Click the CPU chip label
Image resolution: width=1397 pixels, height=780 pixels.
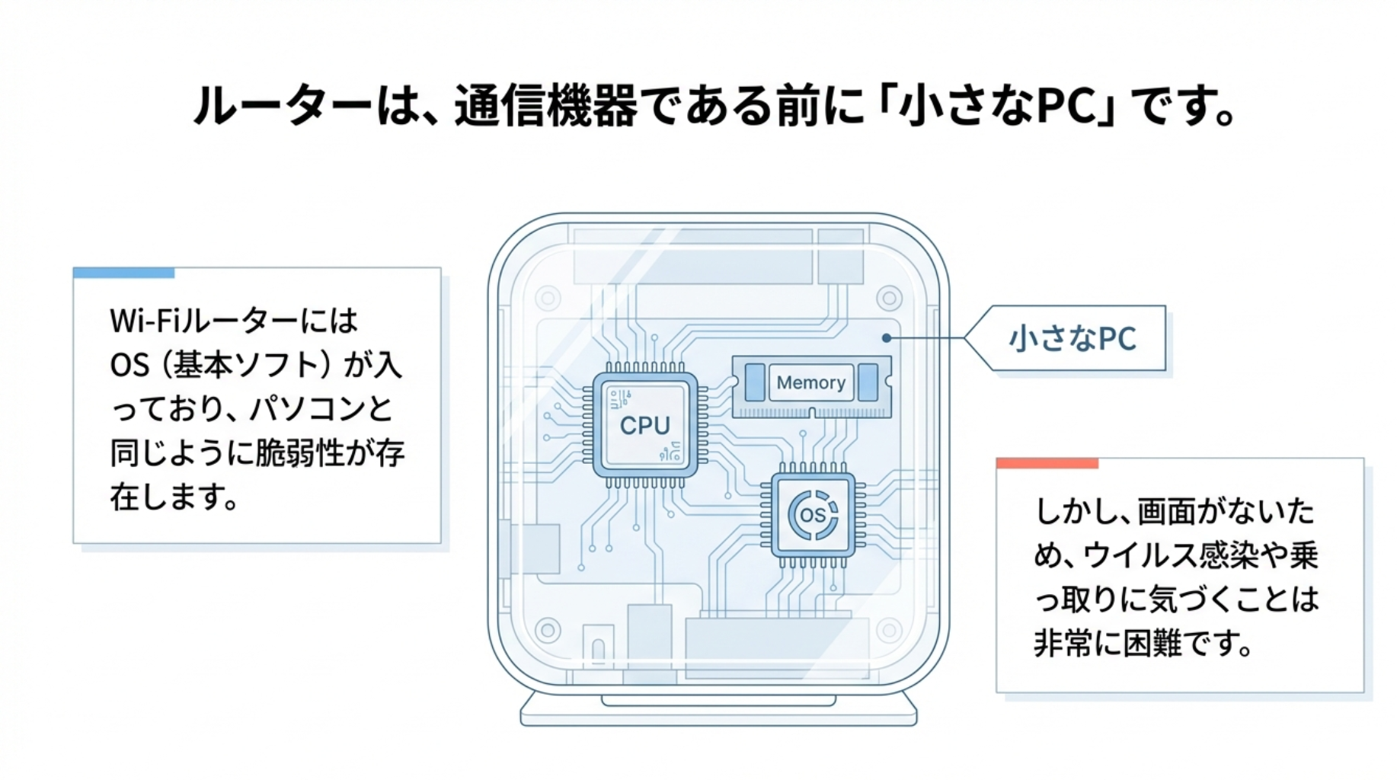pos(644,425)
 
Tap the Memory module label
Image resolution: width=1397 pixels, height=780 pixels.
pos(810,382)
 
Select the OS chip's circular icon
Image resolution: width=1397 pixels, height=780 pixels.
pos(813,515)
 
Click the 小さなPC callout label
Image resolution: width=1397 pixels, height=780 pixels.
pos(1073,339)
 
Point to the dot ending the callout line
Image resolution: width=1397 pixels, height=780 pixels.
pos(887,337)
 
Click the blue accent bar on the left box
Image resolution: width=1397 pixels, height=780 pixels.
pos(123,273)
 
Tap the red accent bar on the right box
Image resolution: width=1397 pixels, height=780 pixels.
pos(1047,463)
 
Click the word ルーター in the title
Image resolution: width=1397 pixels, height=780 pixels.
pos(283,106)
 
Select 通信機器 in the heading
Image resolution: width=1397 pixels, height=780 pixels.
pos(545,106)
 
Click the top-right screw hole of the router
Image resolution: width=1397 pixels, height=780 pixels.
pos(889,298)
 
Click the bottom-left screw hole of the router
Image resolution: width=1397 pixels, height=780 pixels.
pos(548,630)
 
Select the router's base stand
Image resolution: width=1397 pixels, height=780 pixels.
pos(718,711)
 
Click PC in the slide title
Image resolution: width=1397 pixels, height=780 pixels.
pos(1076,106)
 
